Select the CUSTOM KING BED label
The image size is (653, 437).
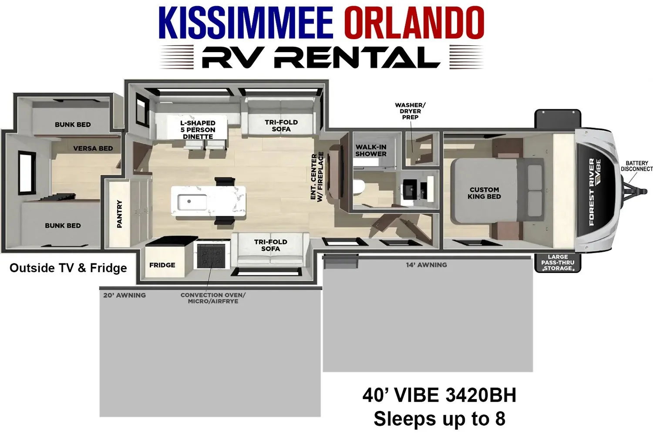[x=484, y=193]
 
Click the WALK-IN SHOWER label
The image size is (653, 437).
[x=371, y=151]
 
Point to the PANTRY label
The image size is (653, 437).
[x=119, y=214]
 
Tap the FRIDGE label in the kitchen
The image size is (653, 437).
[x=162, y=265]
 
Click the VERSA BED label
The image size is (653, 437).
[x=93, y=148]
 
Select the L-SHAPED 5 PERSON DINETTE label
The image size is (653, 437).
[x=198, y=130]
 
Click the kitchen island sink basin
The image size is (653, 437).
[x=192, y=202]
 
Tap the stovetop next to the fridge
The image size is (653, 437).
[x=211, y=256]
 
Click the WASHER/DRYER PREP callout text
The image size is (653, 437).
[x=410, y=111]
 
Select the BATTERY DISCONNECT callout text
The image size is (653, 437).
[x=636, y=166]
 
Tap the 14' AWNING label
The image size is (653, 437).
[x=426, y=265]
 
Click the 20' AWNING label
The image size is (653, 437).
[x=125, y=295]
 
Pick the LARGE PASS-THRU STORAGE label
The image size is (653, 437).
[x=558, y=262]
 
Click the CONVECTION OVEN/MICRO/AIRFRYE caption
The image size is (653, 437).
[x=213, y=298]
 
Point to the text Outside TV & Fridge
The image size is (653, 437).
[x=68, y=268]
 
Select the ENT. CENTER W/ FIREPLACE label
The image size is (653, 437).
[x=317, y=177]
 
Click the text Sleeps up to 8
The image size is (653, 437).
[x=439, y=419]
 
